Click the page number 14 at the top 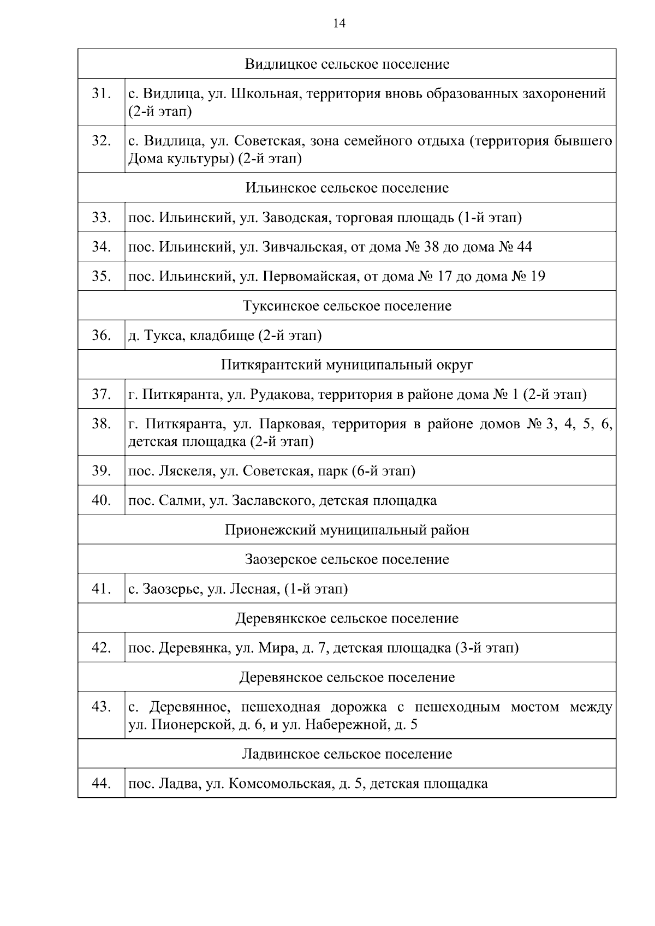point(339,23)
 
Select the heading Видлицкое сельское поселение point(347,64)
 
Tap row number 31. point(101,94)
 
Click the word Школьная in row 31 point(265,94)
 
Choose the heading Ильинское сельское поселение point(347,188)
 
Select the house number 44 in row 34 point(523,247)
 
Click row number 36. point(101,335)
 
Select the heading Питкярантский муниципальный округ point(347,365)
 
